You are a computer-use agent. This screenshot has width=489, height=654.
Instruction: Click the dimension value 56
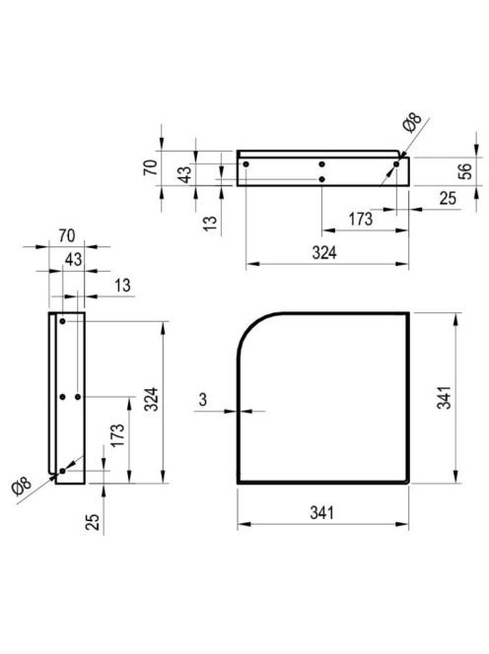[464, 171]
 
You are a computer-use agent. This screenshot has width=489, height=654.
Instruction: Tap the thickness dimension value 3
[202, 400]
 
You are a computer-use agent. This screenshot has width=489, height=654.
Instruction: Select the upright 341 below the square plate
[322, 512]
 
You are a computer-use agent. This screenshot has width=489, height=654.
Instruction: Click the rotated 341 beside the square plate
[444, 398]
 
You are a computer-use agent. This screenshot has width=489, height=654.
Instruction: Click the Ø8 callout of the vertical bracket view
[22, 487]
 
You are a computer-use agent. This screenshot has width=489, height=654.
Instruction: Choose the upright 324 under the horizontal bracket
[324, 253]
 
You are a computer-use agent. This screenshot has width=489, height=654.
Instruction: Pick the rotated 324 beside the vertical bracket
[151, 399]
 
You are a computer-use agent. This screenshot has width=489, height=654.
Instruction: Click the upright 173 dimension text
[361, 219]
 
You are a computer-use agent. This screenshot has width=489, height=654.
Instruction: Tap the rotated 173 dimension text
[117, 435]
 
